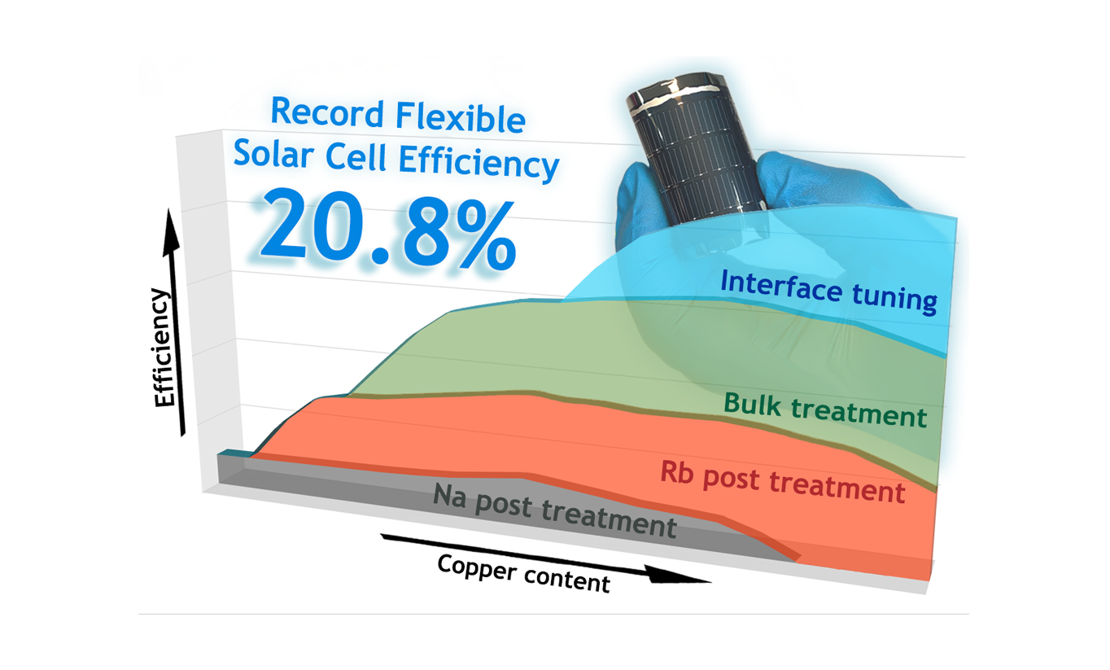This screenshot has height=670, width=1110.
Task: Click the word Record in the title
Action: pyautogui.click(x=327, y=112)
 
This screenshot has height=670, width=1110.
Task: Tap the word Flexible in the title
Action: pyautogui.click(x=461, y=117)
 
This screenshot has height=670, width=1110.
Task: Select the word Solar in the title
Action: pyautogui.click(x=273, y=153)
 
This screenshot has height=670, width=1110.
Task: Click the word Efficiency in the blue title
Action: pyautogui.click(x=479, y=162)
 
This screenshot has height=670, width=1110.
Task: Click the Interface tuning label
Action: pyautogui.click(x=828, y=291)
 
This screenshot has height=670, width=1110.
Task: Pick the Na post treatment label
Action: pyautogui.click(x=555, y=510)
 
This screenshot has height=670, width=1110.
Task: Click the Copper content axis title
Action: pyautogui.click(x=524, y=573)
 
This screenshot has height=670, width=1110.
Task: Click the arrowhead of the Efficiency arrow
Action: pyautogui.click(x=171, y=233)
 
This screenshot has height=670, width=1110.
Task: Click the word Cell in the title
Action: pyautogui.click(x=356, y=156)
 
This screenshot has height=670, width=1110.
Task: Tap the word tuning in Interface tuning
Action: pyautogui.click(x=895, y=298)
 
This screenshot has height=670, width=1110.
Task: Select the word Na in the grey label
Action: pyautogui.click(x=449, y=496)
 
